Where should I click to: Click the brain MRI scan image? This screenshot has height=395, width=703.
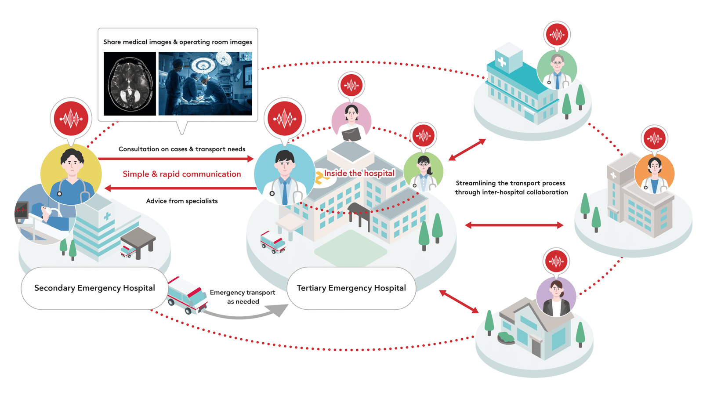[x=130, y=83]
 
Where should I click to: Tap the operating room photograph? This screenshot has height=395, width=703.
[x=205, y=83]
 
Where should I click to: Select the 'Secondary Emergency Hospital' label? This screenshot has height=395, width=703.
[x=94, y=288]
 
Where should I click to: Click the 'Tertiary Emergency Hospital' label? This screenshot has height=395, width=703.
[x=351, y=288]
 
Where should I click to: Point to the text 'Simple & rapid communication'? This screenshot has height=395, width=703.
[x=182, y=174]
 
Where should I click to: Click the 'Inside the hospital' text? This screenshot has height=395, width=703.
[x=359, y=173]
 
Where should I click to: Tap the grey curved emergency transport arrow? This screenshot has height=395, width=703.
[x=246, y=313]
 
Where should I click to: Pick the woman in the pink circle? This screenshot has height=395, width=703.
[x=351, y=121]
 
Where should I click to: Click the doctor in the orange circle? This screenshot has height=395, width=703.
[x=654, y=174]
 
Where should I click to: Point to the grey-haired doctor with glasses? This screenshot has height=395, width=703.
[x=557, y=69]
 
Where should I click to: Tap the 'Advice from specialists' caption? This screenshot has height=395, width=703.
[x=182, y=201]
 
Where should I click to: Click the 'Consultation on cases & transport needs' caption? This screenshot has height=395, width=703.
[x=182, y=149]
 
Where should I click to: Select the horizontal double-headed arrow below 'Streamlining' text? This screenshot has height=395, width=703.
[x=514, y=225]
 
